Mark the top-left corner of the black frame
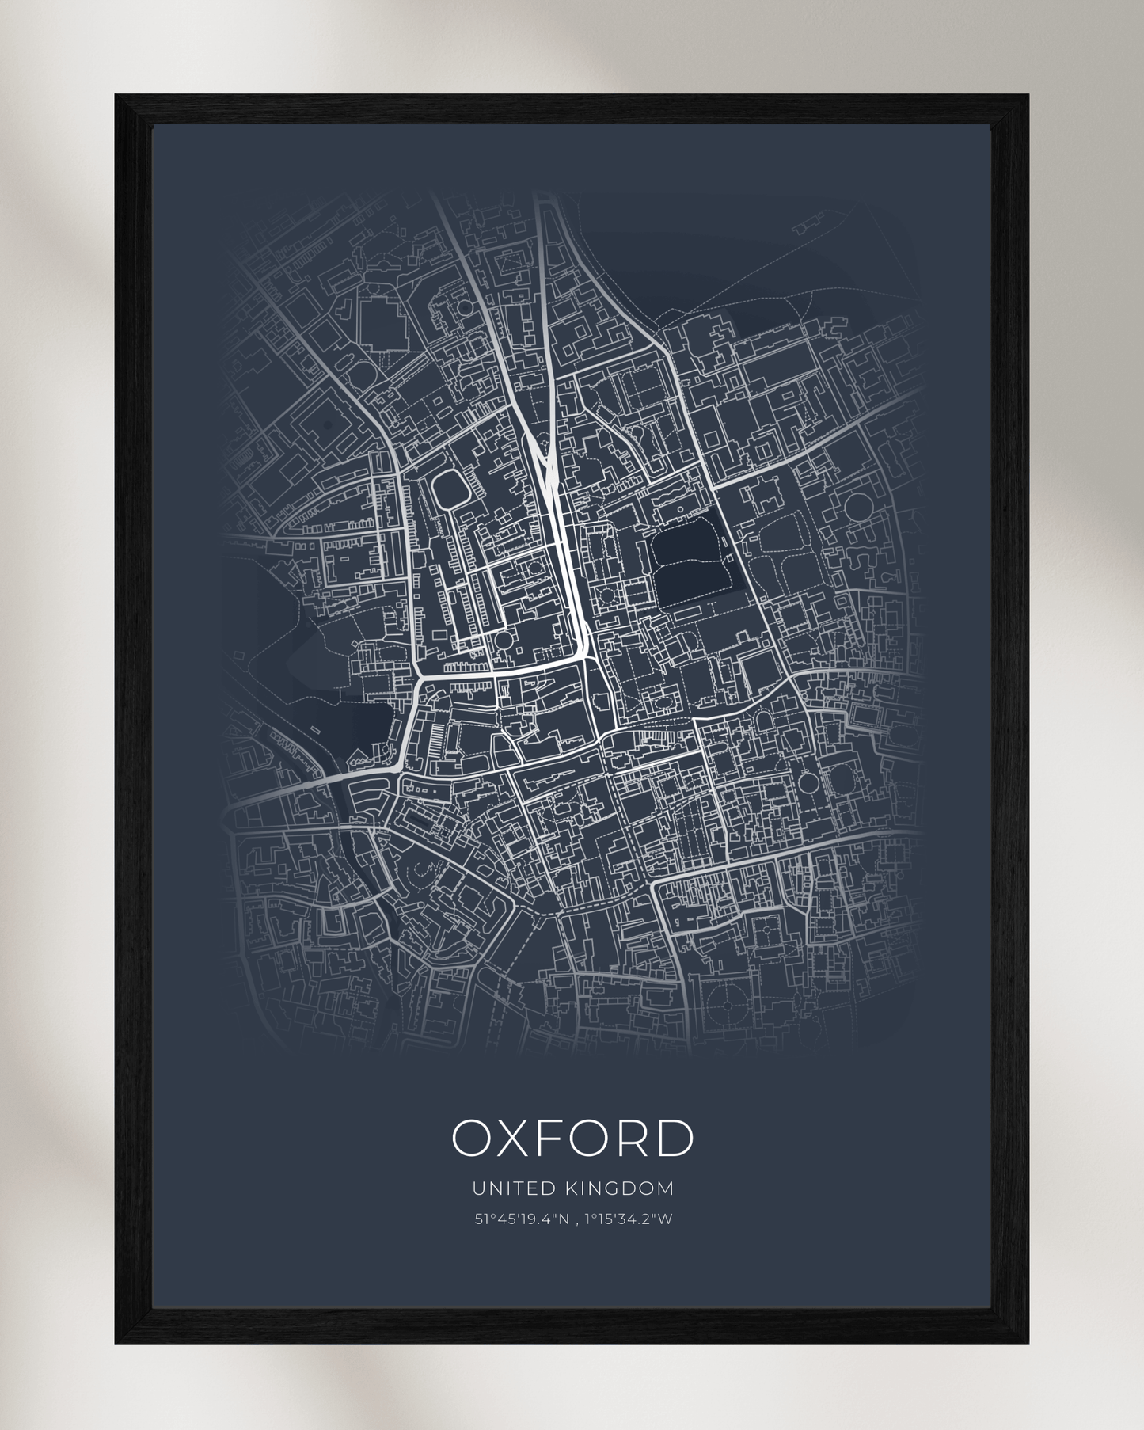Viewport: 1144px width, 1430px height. [x=116, y=96]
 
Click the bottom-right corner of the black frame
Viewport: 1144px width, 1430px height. [x=1028, y=1344]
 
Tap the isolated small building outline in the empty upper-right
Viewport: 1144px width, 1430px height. [x=805, y=227]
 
